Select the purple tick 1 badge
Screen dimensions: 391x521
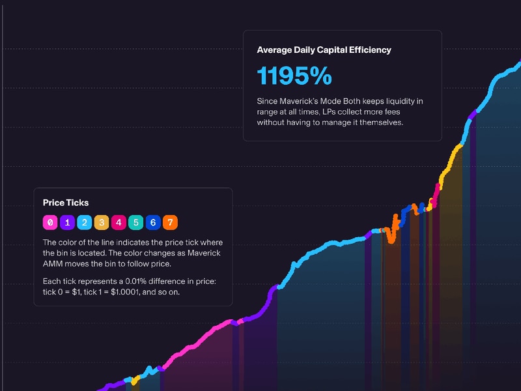click(67, 222)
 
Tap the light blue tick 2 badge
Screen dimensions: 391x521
click(84, 222)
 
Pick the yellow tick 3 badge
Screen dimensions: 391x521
click(101, 222)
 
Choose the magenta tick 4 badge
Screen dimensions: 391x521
click(119, 222)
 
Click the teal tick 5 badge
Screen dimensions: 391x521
click(135, 222)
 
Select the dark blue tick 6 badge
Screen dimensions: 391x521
click(152, 222)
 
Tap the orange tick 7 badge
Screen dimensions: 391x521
click(169, 222)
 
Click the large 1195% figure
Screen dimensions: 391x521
click(294, 76)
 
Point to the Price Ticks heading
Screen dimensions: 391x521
click(66, 203)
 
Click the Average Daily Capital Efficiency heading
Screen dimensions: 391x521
click(324, 50)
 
